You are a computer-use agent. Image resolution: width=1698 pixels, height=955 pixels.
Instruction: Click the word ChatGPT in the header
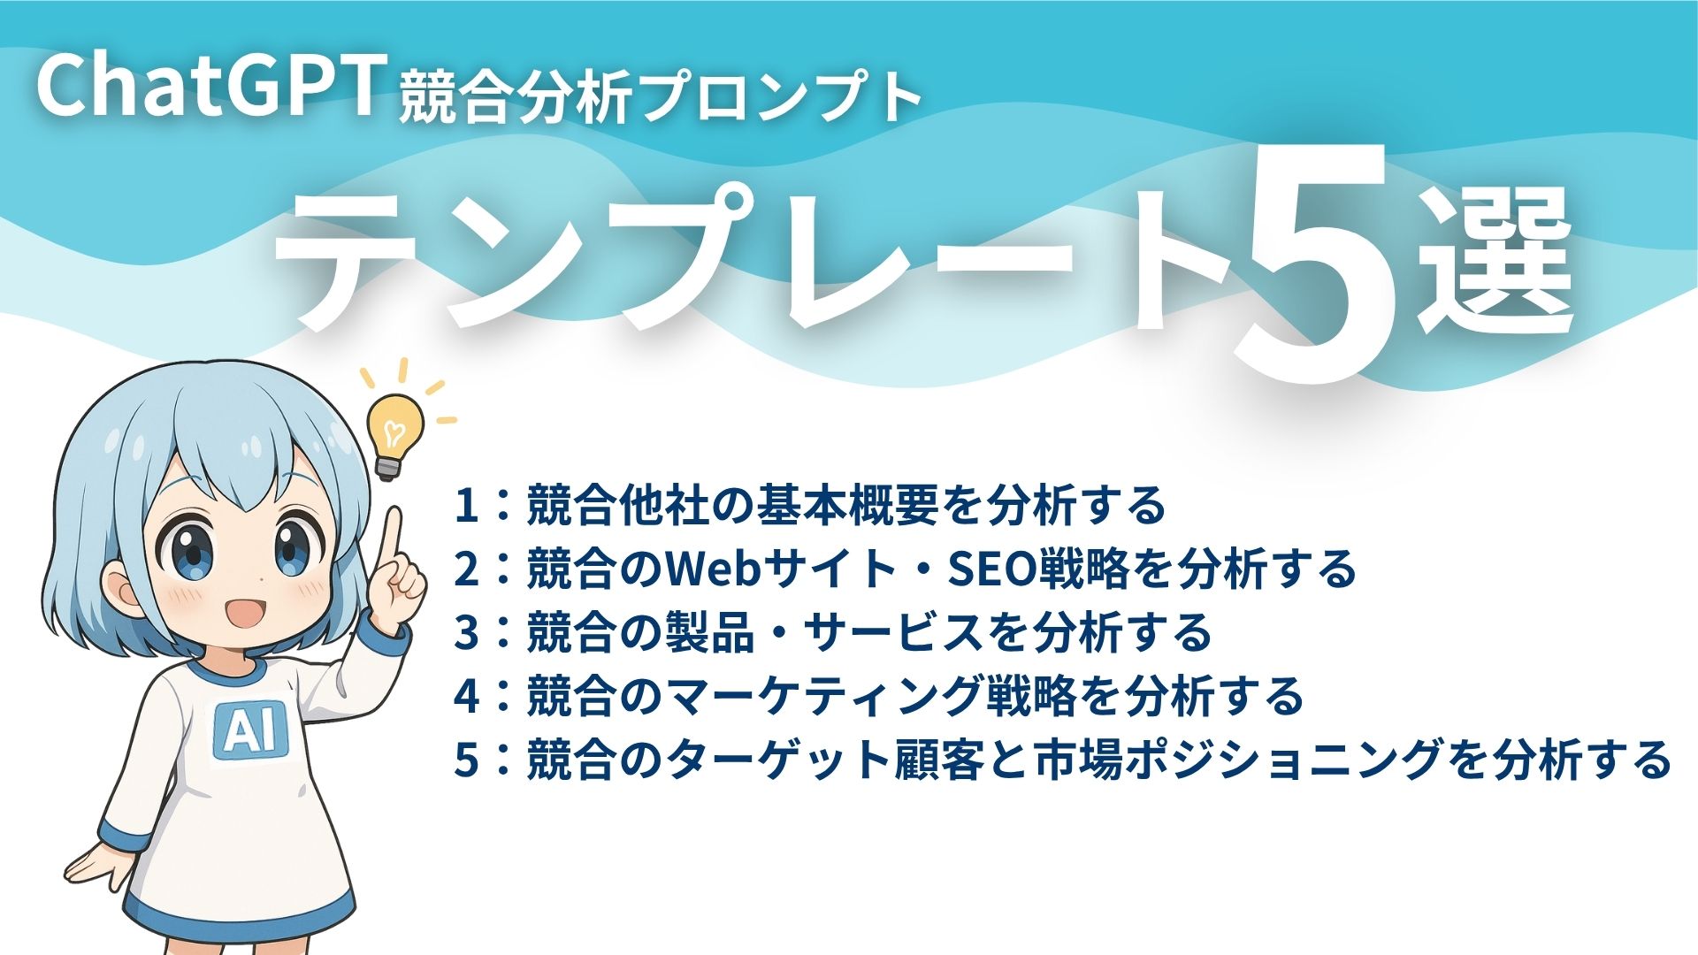pos(209,87)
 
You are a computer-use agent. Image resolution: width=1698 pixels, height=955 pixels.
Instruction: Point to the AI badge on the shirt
pos(250,729)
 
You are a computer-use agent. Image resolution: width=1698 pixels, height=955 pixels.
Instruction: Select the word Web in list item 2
pos(713,569)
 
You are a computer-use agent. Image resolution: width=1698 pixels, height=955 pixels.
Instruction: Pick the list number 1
pos(466,506)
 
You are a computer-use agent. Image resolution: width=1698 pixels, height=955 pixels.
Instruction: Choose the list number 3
pos(466,633)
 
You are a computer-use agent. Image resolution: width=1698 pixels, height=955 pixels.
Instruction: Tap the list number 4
pos(466,697)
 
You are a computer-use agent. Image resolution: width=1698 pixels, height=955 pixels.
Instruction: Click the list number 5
pos(466,760)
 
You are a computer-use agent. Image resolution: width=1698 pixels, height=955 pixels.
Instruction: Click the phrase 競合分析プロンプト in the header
pos(660,97)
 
